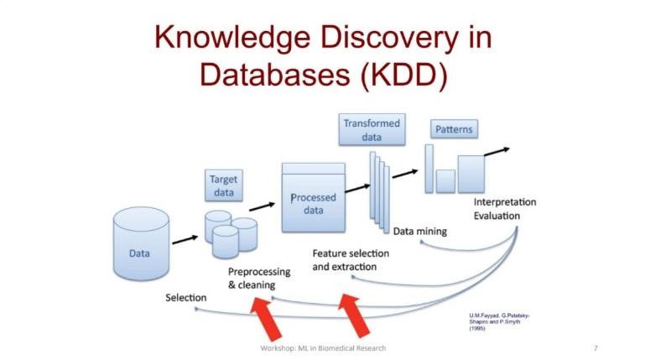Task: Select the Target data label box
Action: point(223,185)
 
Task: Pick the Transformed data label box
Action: point(372,131)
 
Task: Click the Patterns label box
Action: point(454,130)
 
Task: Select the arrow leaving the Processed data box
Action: point(357,187)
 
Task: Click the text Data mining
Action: point(420,232)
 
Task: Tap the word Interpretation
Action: point(504,202)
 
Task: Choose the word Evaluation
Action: point(497,217)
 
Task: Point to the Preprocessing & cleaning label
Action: point(259,279)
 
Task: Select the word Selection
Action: point(186,298)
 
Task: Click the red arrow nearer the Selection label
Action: point(263,317)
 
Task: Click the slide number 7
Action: point(595,348)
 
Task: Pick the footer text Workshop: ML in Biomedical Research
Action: point(322,348)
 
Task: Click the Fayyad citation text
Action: point(499,321)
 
